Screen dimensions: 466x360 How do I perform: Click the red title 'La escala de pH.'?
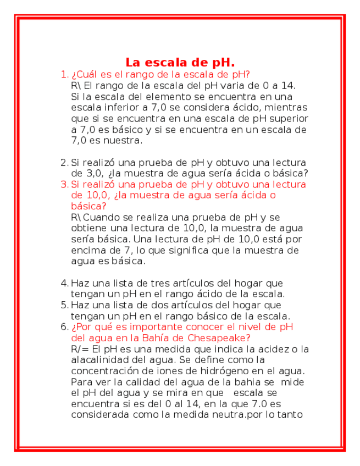(180, 62)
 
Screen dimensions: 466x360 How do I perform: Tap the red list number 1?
(64, 74)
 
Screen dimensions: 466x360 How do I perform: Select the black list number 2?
(64, 162)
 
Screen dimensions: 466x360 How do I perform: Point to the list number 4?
(64, 283)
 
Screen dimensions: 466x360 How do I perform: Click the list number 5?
(64, 305)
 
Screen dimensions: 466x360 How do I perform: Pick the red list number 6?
(64, 327)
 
